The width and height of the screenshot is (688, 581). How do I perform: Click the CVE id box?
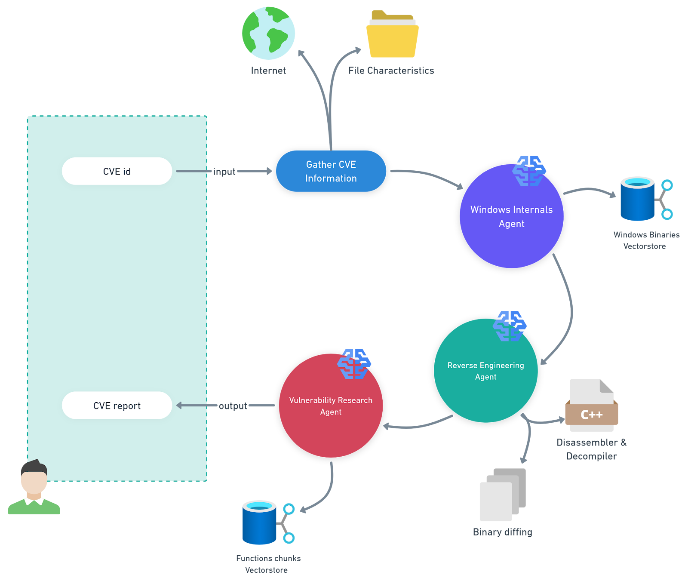(117, 171)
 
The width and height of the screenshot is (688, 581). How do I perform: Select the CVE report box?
(117, 406)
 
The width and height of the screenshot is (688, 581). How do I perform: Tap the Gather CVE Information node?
(331, 171)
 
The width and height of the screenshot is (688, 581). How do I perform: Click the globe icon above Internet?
(268, 33)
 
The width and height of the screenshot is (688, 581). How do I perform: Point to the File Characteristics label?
(391, 71)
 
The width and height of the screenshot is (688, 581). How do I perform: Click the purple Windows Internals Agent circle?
(511, 224)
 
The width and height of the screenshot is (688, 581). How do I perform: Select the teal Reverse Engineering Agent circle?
(485, 378)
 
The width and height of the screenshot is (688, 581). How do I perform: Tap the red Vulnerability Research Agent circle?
(331, 413)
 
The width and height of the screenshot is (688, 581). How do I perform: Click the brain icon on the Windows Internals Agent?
(529, 171)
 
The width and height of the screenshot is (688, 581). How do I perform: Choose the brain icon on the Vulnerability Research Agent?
(354, 364)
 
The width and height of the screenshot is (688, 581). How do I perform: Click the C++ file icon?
(592, 406)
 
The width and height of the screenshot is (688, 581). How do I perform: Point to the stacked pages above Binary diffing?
(502, 495)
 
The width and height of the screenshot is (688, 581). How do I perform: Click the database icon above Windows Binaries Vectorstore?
(638, 199)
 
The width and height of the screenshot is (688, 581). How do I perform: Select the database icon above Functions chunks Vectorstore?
(260, 523)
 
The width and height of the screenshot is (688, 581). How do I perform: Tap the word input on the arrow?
(224, 172)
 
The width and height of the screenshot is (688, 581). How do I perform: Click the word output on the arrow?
(233, 406)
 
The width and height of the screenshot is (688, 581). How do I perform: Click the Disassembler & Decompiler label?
(592, 449)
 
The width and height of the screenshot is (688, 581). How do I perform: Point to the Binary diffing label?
(502, 532)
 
